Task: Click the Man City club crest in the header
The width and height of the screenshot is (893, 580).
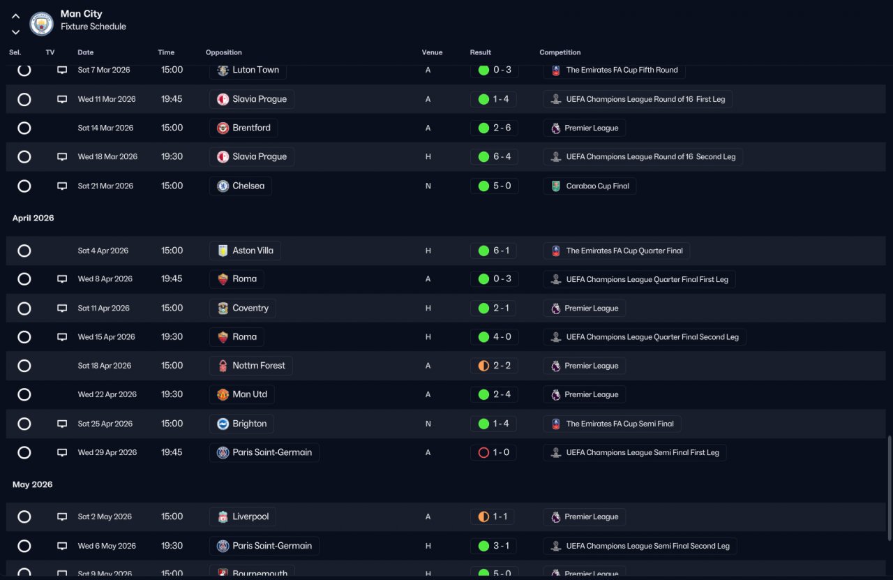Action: coord(41,24)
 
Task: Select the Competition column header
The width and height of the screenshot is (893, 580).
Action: coord(560,52)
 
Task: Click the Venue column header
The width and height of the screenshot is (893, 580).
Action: coord(432,52)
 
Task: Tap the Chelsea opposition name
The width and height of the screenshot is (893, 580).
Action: coord(248,186)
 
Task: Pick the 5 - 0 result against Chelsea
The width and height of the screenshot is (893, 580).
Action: coord(502,186)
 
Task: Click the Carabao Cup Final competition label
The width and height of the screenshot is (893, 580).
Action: coord(598,186)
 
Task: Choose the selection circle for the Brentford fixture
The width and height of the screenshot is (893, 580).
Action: coord(24,128)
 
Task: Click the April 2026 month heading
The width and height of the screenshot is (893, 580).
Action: coord(33,218)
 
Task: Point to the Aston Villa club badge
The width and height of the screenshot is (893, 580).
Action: coord(223,251)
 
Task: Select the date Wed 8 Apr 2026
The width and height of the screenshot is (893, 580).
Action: coord(105,278)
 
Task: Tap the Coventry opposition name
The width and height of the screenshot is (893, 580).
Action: coord(250,308)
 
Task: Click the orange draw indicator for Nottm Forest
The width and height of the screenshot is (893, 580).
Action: coord(483,366)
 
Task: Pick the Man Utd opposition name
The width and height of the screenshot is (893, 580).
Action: coord(250,394)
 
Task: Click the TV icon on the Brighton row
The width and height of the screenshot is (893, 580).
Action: coord(62,424)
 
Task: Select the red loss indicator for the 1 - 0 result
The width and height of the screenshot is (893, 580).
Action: coord(483,452)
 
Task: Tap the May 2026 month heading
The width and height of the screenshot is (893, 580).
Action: coord(32,484)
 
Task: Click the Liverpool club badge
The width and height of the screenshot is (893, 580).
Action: coord(223,516)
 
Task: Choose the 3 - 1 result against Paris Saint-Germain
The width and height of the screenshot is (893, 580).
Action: coord(501,546)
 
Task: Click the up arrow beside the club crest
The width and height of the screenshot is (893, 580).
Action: coord(15,16)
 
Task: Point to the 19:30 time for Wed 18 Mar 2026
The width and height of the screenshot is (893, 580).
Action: coord(172,157)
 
